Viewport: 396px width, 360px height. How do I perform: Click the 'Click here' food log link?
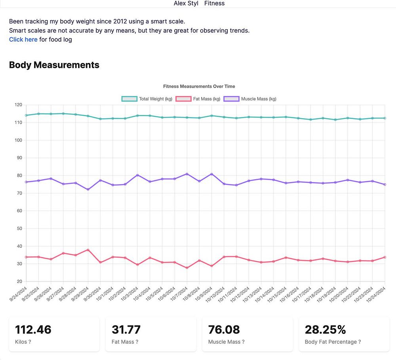[x=23, y=39]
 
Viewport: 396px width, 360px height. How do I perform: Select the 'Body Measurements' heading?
[x=54, y=65]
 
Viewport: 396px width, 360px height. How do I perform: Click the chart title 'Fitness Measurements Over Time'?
[x=199, y=86]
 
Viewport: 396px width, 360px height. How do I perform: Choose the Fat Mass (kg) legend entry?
[x=198, y=99]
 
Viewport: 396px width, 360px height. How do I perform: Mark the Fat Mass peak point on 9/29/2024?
[x=88, y=250]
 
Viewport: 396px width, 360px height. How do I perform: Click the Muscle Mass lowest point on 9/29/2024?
[x=88, y=190]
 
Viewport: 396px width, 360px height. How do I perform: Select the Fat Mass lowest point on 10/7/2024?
[x=187, y=268]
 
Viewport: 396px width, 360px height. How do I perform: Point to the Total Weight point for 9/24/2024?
[x=26, y=115]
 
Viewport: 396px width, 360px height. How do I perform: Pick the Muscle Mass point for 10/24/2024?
[x=385, y=184]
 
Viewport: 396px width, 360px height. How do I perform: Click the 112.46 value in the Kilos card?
[x=33, y=329]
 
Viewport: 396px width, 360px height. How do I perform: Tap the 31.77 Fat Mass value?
[x=126, y=329]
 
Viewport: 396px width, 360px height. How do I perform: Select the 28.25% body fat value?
[x=326, y=329]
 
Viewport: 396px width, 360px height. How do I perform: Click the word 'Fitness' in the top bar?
[x=214, y=3]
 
